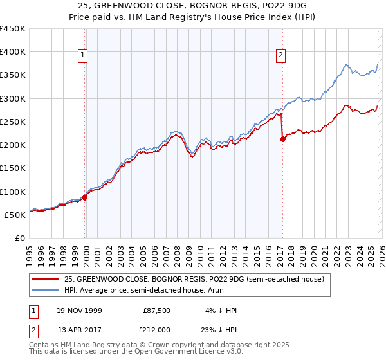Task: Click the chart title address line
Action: pos(192,6)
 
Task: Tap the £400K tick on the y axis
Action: pos(13,52)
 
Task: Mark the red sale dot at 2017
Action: pos(282,139)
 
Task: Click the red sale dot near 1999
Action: pos(85,197)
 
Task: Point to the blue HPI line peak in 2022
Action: pos(346,65)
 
